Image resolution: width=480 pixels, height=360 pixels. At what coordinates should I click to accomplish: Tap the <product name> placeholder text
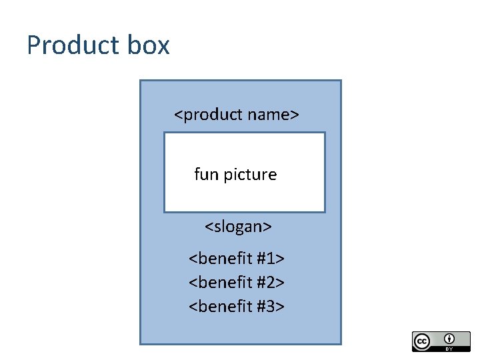pyautogui.click(x=236, y=115)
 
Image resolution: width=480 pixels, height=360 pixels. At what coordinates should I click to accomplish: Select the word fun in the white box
pyautogui.click(x=205, y=175)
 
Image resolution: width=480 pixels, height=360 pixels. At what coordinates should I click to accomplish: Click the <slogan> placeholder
pyautogui.click(x=238, y=227)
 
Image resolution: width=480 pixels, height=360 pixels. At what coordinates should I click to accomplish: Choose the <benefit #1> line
pyautogui.click(x=237, y=258)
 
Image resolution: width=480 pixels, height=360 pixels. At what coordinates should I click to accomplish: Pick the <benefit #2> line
pyautogui.click(x=237, y=283)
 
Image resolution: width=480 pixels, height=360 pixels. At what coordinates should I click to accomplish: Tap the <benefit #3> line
pyautogui.click(x=237, y=307)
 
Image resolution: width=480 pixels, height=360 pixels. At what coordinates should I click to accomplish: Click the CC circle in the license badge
pyautogui.click(x=422, y=341)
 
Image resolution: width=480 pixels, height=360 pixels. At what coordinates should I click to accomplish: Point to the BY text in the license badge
pyautogui.click(x=449, y=349)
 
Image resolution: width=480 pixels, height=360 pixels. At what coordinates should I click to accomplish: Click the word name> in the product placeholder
pyautogui.click(x=273, y=115)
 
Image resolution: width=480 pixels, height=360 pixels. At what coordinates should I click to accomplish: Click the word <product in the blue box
pyautogui.click(x=208, y=115)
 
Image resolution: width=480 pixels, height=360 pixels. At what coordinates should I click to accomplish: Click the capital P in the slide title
pyautogui.click(x=33, y=45)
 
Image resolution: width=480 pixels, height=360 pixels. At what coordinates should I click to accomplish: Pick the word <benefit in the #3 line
pyautogui.click(x=220, y=307)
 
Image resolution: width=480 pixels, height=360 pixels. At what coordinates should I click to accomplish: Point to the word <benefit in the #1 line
pyautogui.click(x=220, y=258)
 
